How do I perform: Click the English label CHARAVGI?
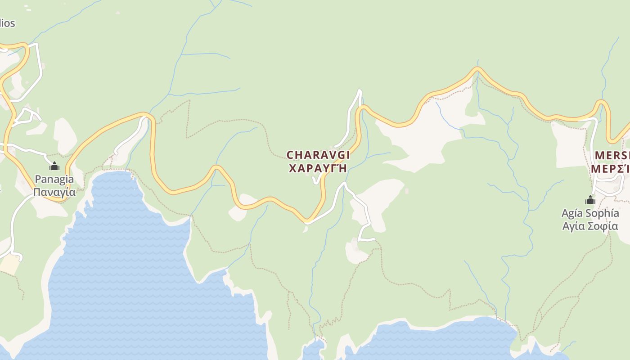(318, 155)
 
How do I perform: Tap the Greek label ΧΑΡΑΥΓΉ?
(318, 169)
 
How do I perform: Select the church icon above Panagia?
(54, 166)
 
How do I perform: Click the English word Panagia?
(54, 179)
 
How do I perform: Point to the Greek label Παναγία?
(54, 192)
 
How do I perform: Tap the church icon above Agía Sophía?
(590, 200)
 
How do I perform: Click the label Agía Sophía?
(590, 213)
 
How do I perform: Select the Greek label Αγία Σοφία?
(590, 226)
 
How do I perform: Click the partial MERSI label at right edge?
(612, 156)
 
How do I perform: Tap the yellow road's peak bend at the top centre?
(477, 69)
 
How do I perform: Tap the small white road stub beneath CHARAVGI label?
(315, 181)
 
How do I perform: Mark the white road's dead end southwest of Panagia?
(20, 258)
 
